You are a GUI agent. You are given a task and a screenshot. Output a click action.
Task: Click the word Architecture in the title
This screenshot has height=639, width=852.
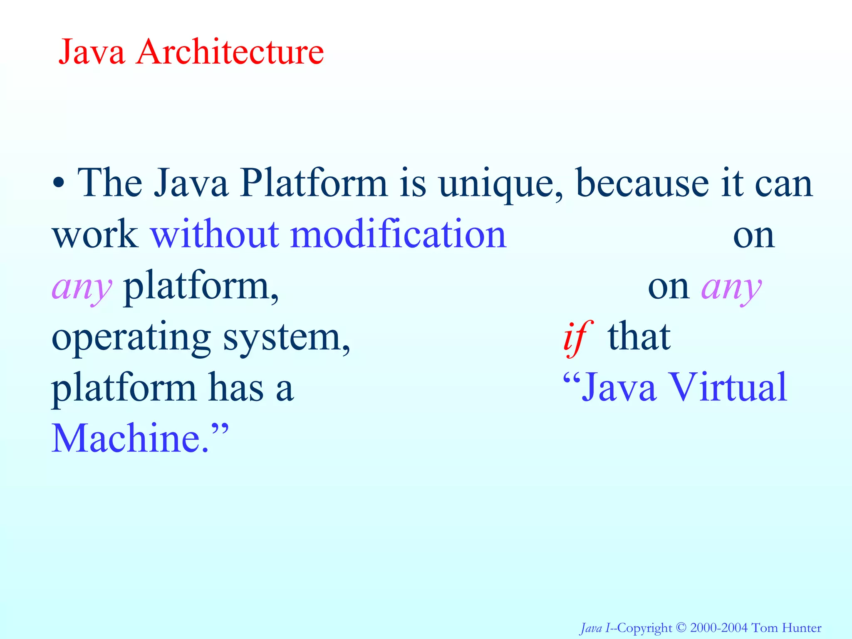[230, 52]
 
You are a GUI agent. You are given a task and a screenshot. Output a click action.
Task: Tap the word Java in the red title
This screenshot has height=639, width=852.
[92, 52]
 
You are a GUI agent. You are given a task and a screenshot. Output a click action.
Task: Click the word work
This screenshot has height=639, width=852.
[95, 235]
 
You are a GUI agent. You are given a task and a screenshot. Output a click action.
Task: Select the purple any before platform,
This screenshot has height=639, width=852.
[82, 288]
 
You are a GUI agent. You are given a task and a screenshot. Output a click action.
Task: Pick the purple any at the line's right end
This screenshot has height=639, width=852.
[732, 288]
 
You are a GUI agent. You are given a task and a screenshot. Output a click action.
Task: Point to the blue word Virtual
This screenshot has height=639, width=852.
[728, 388]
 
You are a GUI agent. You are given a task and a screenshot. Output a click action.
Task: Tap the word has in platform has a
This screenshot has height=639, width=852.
[236, 388]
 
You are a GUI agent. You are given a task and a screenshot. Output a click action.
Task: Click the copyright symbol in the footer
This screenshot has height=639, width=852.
[681, 627]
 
